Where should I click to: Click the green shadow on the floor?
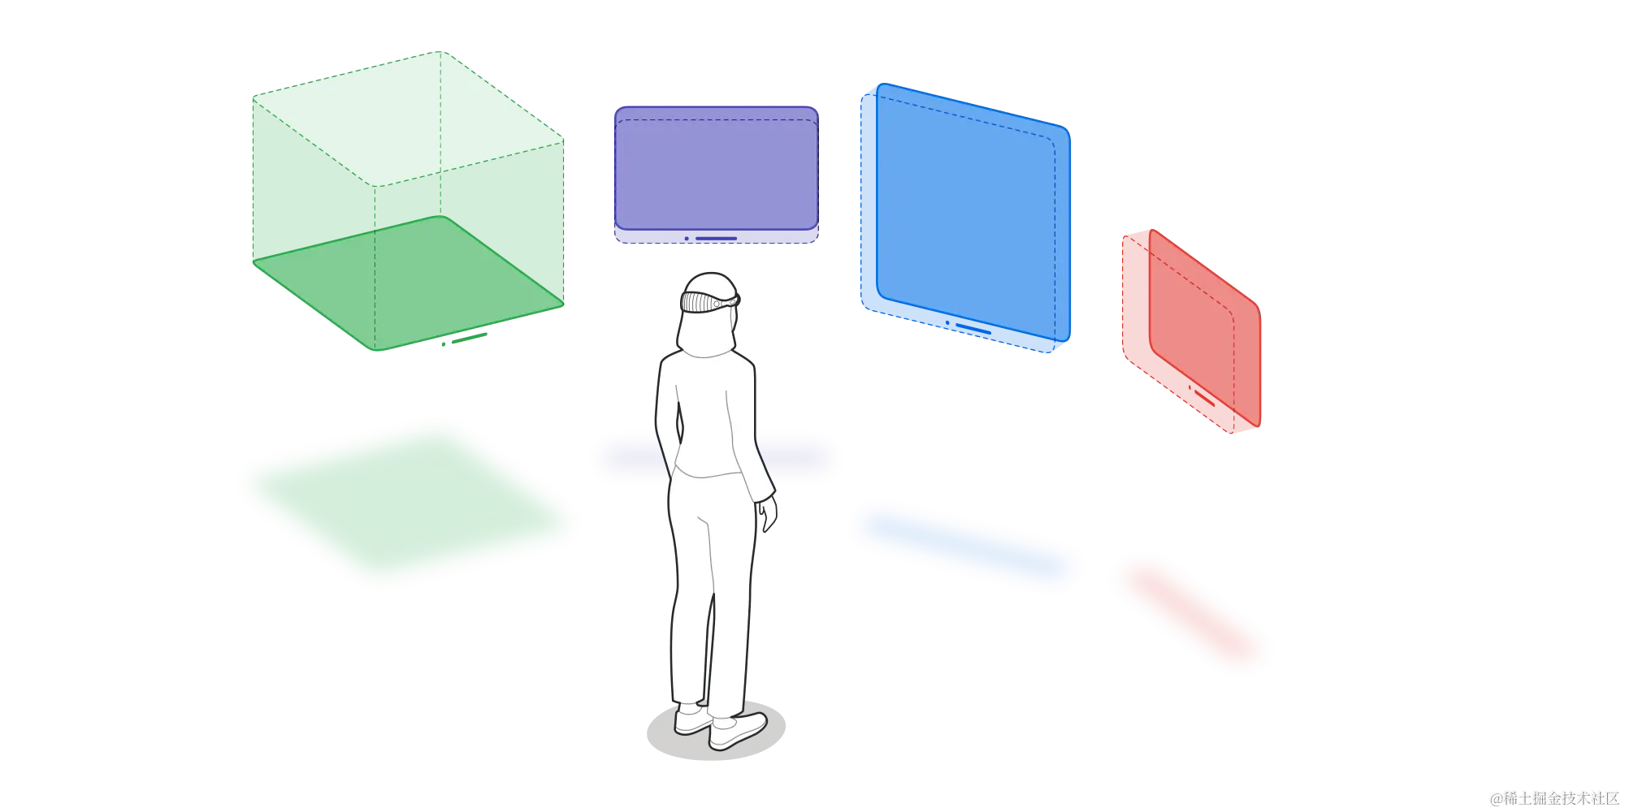click(406, 503)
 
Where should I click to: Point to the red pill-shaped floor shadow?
click(1190, 613)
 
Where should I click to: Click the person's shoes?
click(723, 727)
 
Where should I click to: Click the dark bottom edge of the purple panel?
click(715, 236)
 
